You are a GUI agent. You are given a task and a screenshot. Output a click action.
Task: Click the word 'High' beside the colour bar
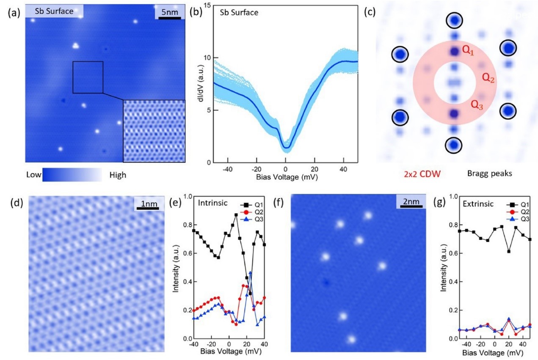point(117,174)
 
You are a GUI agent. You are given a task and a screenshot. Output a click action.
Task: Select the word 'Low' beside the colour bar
point(34,174)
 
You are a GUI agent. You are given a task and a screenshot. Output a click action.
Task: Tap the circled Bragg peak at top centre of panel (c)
point(455,20)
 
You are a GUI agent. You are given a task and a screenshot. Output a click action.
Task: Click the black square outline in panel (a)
point(88,77)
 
